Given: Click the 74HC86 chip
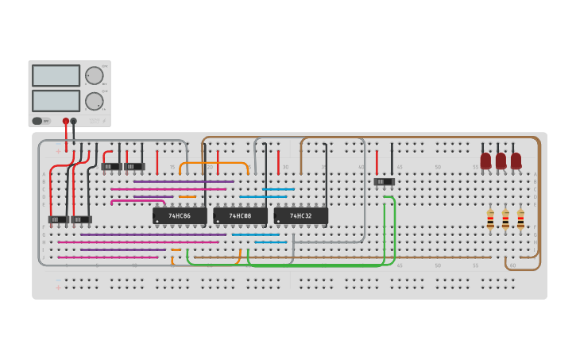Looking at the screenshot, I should click(x=180, y=215).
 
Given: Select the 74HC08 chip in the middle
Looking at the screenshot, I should click(x=240, y=215).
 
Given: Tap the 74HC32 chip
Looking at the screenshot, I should click(x=300, y=215).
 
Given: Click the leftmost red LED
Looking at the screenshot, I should click(x=485, y=160).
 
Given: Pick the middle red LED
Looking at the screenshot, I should click(x=501, y=160).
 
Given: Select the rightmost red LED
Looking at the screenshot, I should click(x=516, y=160).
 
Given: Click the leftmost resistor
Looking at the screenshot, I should click(x=490, y=219).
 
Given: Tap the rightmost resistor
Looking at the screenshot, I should click(x=520, y=219).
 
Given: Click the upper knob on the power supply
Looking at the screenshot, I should click(x=94, y=75).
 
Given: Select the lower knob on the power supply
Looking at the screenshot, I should click(x=94, y=101).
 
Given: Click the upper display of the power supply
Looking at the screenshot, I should click(x=56, y=75).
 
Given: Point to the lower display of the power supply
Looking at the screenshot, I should click(x=56, y=101).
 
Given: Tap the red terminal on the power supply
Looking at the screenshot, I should click(x=66, y=122).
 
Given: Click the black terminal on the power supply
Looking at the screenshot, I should click(x=74, y=122).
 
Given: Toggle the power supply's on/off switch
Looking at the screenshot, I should click(x=37, y=121).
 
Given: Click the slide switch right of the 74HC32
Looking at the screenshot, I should click(x=385, y=182).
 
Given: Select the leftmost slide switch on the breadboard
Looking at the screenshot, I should click(x=58, y=219).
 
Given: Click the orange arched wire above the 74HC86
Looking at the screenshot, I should click(x=214, y=163).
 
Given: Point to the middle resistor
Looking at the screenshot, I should click(x=505, y=219).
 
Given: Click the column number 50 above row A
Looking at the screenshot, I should click(x=437, y=167).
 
